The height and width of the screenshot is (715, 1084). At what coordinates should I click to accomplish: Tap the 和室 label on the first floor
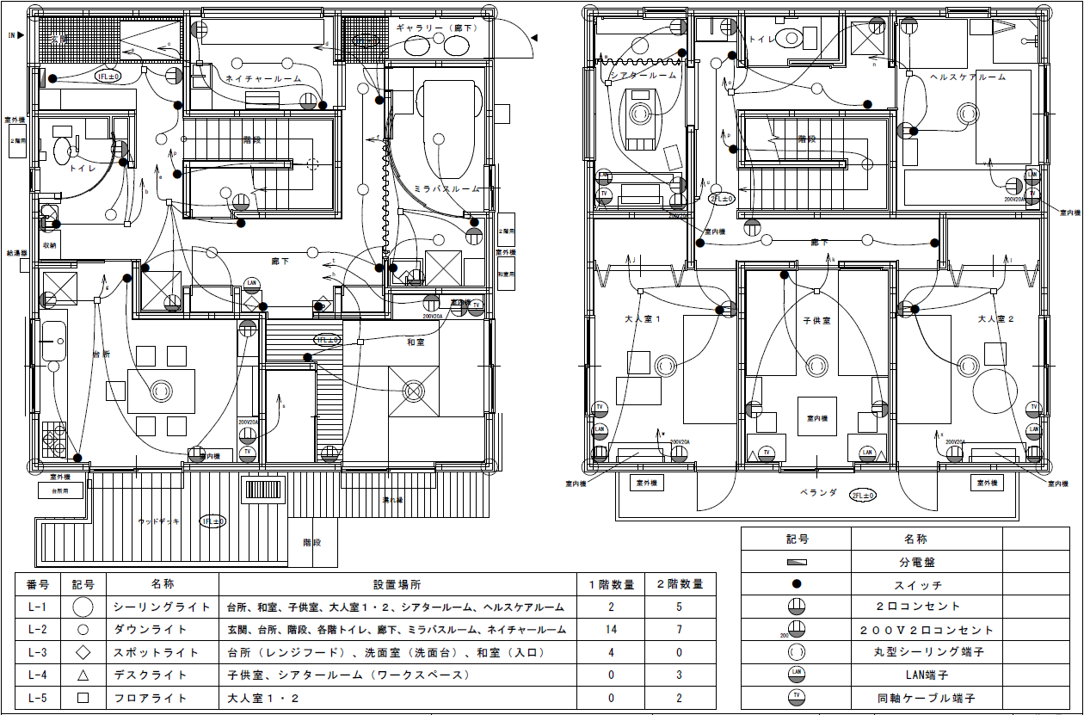416,342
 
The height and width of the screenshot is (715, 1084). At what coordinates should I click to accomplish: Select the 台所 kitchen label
102,354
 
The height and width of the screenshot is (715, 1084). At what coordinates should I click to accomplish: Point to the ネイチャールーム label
263,78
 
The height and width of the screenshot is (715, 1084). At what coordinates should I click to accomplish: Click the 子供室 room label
816,320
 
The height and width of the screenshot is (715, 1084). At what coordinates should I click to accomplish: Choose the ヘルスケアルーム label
968,77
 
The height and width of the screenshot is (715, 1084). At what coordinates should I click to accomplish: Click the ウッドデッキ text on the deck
159,521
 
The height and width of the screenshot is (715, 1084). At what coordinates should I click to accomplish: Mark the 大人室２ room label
996,319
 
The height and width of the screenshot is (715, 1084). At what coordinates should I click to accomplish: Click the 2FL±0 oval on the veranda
863,496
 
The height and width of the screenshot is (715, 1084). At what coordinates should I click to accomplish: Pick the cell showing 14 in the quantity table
611,629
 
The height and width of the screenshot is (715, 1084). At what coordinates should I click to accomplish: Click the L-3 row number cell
37,652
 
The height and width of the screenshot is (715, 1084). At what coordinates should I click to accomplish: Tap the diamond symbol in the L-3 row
83,652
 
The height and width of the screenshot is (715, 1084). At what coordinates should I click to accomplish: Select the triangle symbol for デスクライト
83,675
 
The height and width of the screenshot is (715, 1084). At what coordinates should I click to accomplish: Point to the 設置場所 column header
397,584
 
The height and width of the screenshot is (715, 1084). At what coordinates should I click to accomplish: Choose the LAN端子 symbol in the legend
796,674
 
